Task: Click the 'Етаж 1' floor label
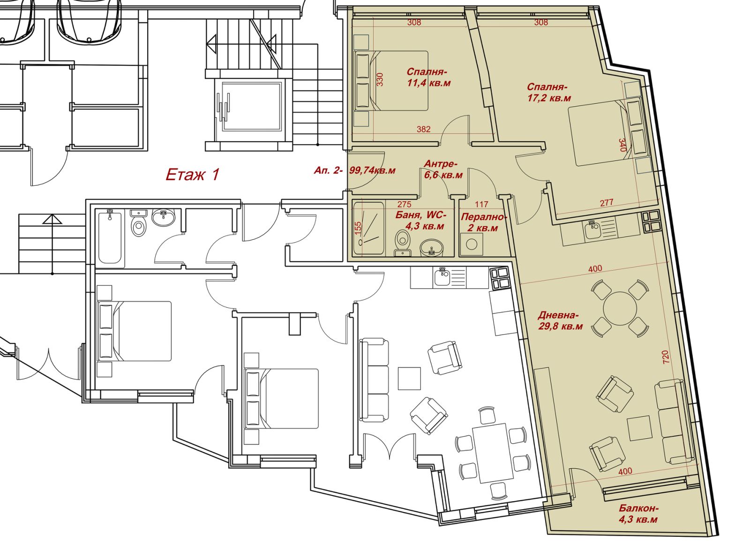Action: [193, 175]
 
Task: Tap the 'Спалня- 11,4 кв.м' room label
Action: [428, 77]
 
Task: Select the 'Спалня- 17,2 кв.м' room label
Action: [549, 92]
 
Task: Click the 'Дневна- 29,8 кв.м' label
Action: [561, 321]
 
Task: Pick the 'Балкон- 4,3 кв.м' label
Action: [638, 514]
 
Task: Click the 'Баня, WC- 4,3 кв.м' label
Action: [421, 220]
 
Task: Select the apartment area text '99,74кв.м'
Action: [372, 170]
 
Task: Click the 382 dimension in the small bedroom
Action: [424, 129]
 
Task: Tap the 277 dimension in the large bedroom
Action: [607, 202]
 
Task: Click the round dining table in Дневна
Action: [620, 308]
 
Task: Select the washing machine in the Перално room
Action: [472, 244]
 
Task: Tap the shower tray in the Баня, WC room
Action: [368, 228]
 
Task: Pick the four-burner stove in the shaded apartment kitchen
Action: [651, 222]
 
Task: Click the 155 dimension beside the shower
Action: [358, 228]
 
